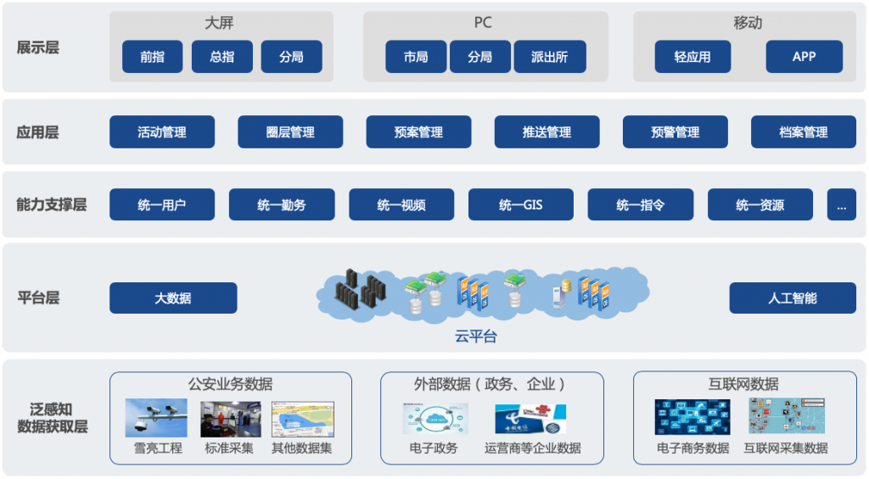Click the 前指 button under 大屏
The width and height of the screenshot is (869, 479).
click(x=153, y=57)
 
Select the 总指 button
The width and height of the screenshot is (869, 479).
click(x=222, y=57)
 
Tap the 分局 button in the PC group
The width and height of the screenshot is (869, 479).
click(x=479, y=57)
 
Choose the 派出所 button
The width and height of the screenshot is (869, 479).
click(x=549, y=57)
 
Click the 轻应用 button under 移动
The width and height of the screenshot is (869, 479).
click(x=692, y=57)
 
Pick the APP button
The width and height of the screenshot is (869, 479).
click(x=804, y=57)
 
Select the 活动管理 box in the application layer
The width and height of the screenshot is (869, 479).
click(x=162, y=132)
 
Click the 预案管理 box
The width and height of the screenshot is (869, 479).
click(x=418, y=132)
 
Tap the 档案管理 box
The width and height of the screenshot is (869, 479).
click(x=803, y=132)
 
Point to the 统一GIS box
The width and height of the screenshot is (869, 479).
click(x=520, y=204)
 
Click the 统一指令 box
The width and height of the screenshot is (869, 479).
click(x=641, y=204)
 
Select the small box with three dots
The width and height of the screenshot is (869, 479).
click(x=842, y=204)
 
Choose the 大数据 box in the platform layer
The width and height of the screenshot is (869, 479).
click(x=173, y=298)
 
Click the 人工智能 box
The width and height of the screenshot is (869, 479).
click(x=793, y=298)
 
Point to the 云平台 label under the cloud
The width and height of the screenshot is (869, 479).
click(x=475, y=337)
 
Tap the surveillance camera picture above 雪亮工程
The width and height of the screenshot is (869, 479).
click(x=156, y=418)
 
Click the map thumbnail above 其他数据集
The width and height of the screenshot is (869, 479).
click(x=302, y=418)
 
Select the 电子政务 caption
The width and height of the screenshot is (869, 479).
click(x=433, y=448)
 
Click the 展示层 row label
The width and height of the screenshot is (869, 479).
click(x=38, y=47)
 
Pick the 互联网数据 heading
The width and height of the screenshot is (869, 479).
click(x=743, y=384)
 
